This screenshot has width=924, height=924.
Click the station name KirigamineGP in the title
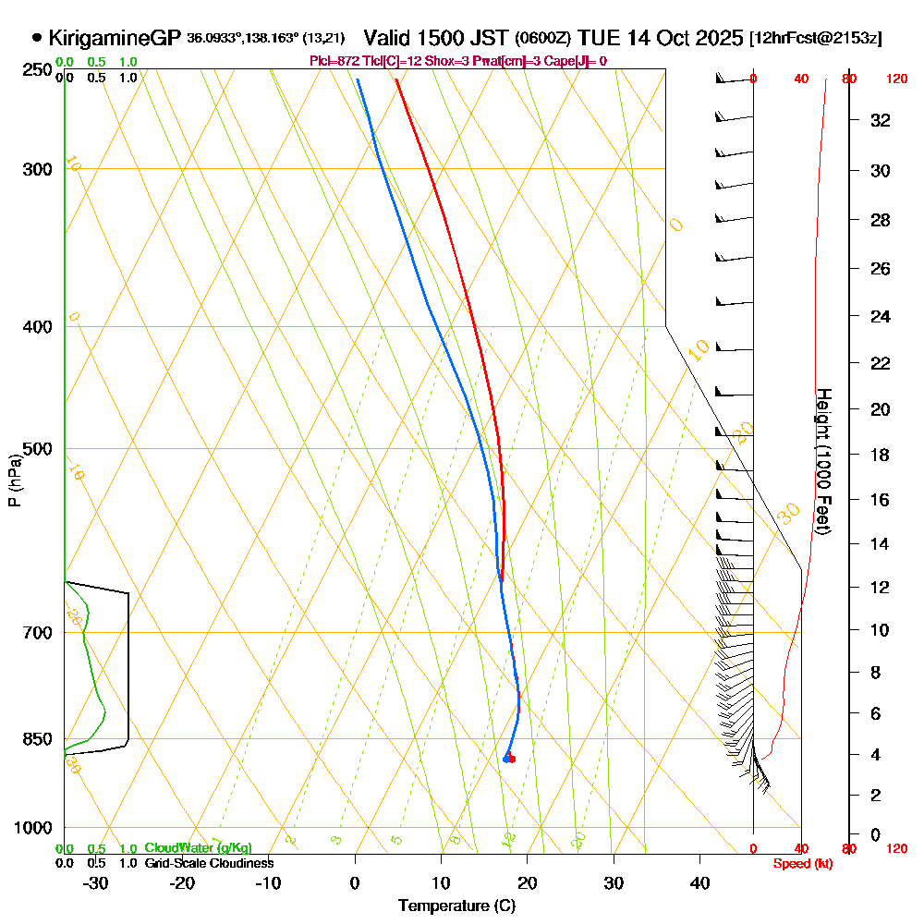coord(114,38)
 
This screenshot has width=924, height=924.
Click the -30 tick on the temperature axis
coord(96,882)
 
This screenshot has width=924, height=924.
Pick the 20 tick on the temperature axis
coord(528,882)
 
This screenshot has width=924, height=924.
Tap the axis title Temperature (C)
coord(456,906)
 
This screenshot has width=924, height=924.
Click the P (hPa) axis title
coord(14,480)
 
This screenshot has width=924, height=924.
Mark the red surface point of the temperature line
coord(512,760)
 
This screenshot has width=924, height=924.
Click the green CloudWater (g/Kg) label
coord(198,848)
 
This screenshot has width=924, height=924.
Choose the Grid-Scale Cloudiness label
coord(209,863)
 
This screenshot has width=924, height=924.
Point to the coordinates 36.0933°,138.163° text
coord(266,38)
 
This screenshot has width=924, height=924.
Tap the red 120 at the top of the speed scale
coord(896,79)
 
